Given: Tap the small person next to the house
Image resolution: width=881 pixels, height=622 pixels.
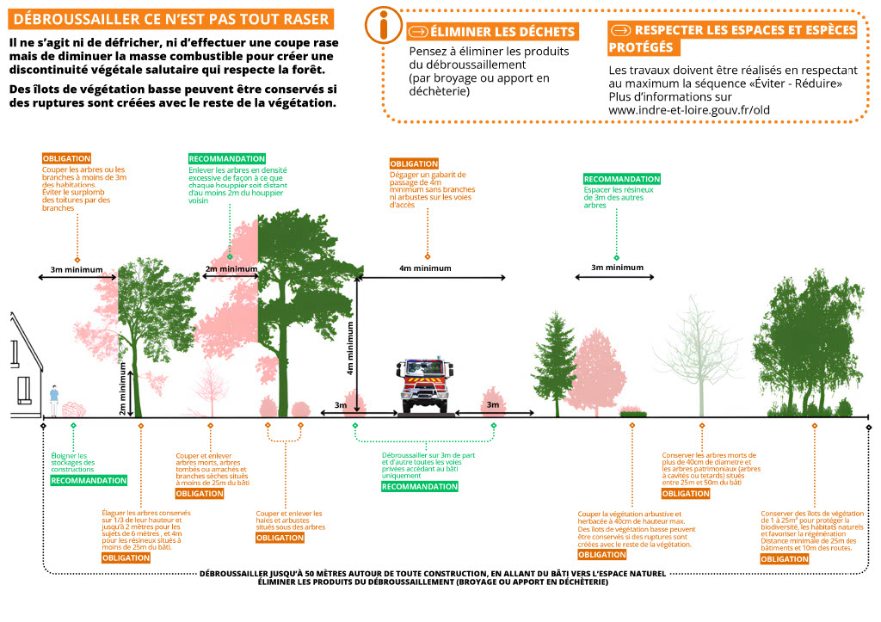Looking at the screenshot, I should [x=53, y=397].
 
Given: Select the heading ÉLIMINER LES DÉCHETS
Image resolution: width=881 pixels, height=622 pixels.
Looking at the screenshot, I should [x=491, y=32].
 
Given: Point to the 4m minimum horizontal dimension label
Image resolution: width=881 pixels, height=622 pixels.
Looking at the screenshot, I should [x=425, y=268].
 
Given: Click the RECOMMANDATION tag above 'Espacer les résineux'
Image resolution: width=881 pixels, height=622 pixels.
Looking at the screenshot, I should [x=621, y=178].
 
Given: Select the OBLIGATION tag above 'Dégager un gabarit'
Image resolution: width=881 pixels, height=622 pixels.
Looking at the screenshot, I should [x=414, y=163].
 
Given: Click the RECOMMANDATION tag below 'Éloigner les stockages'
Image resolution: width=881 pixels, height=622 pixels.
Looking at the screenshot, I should [x=89, y=480].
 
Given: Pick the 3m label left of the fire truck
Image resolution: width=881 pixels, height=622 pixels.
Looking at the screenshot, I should [x=340, y=404].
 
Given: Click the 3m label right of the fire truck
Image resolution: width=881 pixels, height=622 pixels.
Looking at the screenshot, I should [x=493, y=404].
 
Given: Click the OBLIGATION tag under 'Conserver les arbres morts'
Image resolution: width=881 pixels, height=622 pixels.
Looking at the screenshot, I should [x=686, y=494].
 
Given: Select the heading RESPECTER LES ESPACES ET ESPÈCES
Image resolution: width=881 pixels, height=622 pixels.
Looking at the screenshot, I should [x=732, y=30].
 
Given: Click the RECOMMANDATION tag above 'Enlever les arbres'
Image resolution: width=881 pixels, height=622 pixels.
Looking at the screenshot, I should [x=226, y=158].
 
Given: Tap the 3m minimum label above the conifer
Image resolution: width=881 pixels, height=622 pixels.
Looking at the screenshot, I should [x=617, y=268].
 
